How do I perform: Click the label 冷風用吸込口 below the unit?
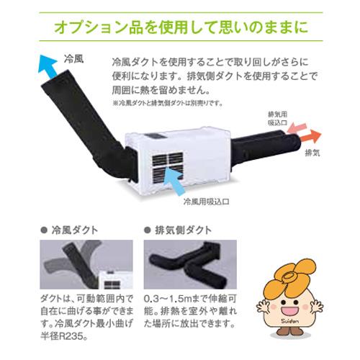[209, 202]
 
